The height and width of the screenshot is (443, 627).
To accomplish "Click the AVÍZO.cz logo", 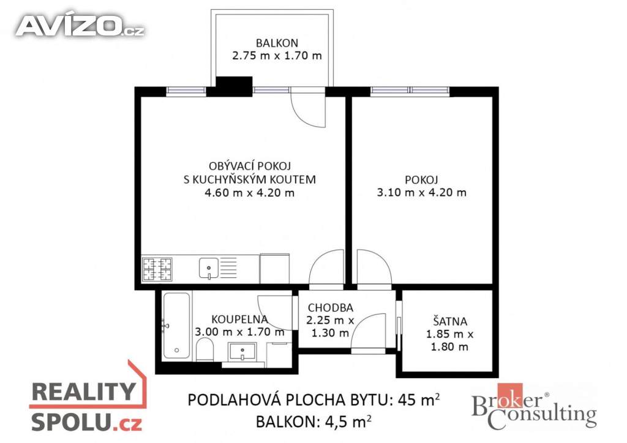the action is [x=80, y=26].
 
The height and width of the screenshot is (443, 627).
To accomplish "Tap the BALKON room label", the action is [x=277, y=43].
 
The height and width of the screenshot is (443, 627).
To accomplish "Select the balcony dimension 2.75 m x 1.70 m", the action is [x=277, y=56].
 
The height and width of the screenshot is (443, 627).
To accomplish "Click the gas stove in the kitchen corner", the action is [x=157, y=269].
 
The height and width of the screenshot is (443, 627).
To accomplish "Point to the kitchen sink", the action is [x=209, y=267].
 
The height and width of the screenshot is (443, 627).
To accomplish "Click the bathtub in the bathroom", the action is [x=176, y=326].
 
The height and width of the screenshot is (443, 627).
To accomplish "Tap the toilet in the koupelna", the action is [x=205, y=349].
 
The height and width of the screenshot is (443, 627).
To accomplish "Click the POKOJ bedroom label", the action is [x=421, y=180].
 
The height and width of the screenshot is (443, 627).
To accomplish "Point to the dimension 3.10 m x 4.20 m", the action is [x=421, y=193].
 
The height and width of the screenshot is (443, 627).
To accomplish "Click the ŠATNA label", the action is [x=450, y=321].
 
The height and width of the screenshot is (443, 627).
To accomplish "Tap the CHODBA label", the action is [x=330, y=308].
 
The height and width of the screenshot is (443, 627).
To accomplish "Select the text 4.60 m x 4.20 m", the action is [x=250, y=193].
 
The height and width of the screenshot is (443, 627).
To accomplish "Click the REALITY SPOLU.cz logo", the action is [x=88, y=400].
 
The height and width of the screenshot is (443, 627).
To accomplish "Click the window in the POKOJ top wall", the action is [x=410, y=92].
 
